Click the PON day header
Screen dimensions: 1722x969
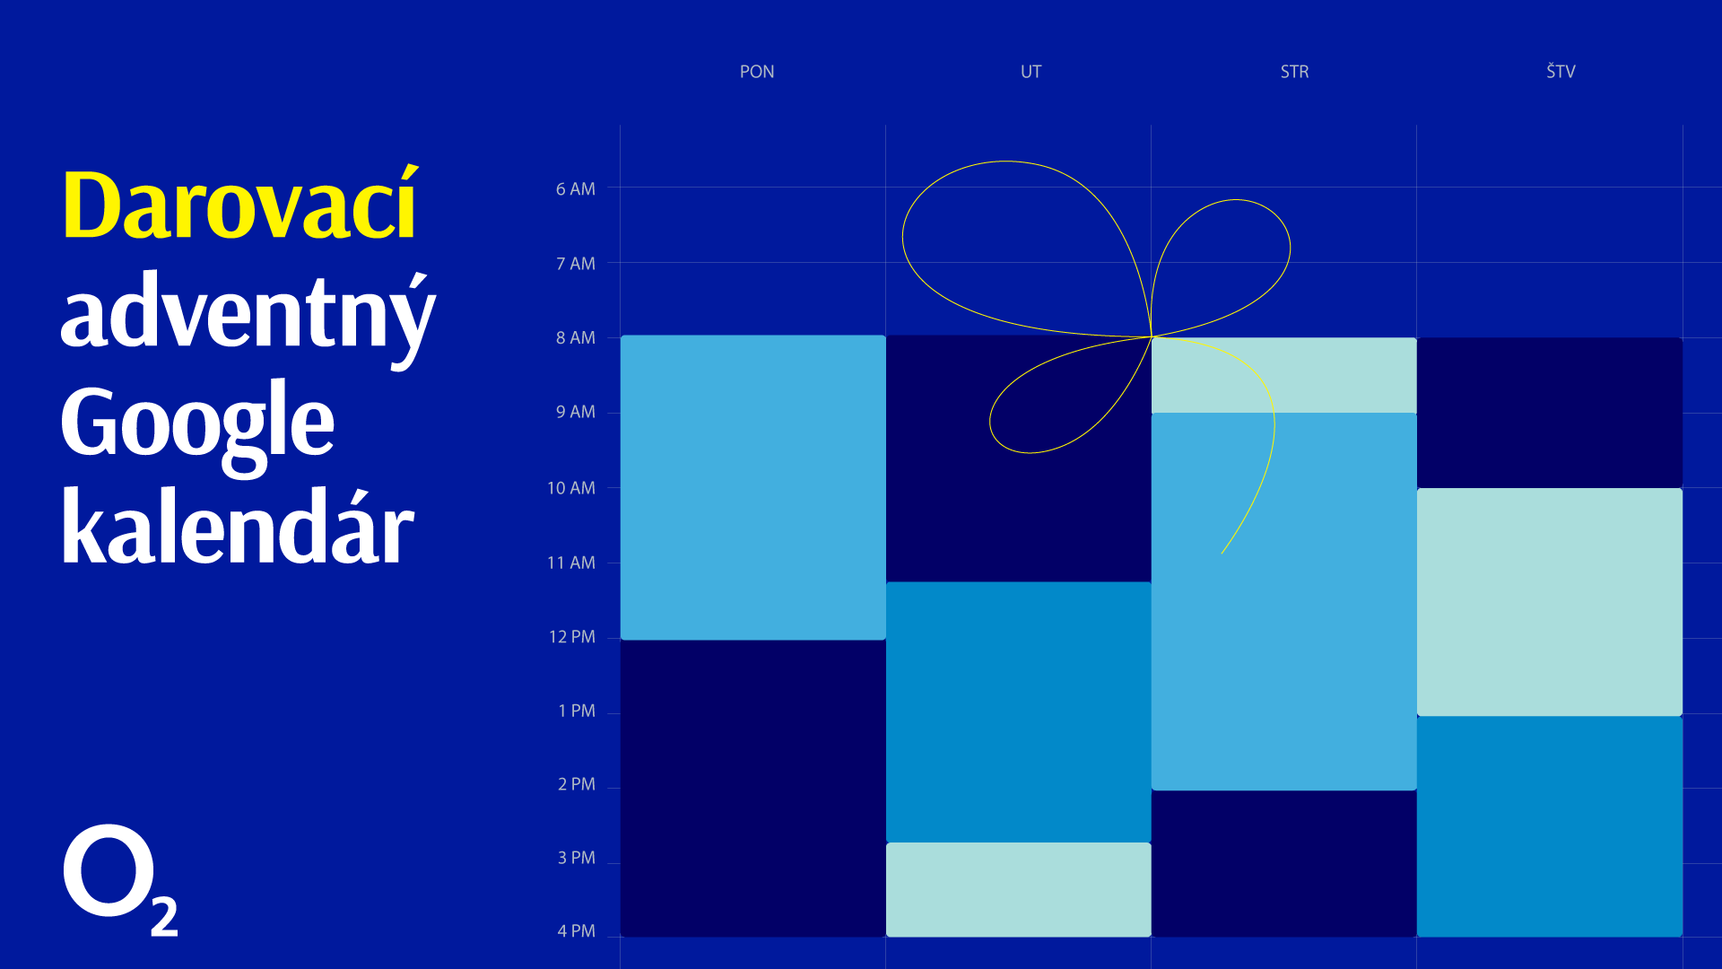(757, 72)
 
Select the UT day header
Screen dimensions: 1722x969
(1031, 72)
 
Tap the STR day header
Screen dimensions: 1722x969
(1294, 72)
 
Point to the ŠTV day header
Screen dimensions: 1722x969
(1561, 71)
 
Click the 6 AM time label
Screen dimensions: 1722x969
(575, 189)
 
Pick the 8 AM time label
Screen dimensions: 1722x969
(575, 338)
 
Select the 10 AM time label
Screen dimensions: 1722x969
(571, 488)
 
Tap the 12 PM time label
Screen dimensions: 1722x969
(572, 637)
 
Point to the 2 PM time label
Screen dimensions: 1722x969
(577, 784)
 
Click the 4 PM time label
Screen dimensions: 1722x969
(577, 931)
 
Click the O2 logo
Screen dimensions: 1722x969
(120, 879)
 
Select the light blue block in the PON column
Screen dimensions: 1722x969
(753, 487)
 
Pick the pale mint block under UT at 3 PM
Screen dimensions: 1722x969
(1019, 889)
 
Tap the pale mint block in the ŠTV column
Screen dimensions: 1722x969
(1550, 602)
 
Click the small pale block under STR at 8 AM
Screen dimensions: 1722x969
(1284, 375)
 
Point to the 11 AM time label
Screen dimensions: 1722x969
(571, 563)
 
